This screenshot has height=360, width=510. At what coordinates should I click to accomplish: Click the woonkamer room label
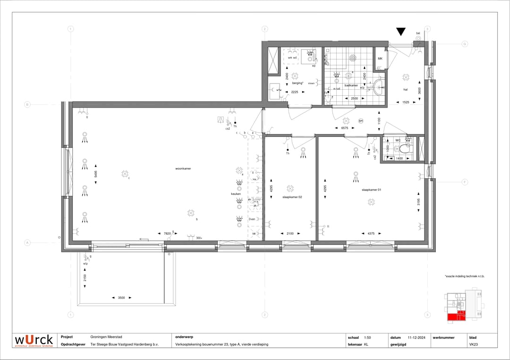tap(183, 168)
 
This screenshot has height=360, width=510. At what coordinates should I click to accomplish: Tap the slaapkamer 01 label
tap(371, 190)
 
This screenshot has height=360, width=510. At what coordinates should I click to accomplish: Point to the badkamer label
tap(351, 85)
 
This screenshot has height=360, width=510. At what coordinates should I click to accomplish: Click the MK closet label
tap(380, 59)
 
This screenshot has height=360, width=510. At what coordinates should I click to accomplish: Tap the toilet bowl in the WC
tap(405, 149)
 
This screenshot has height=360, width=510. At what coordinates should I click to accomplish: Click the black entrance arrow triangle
tap(401, 32)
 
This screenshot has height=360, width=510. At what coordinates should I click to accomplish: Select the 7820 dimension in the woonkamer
tap(167, 234)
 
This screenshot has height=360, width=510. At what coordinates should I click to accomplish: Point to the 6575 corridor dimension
tap(345, 128)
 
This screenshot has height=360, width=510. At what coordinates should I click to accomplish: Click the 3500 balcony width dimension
tap(121, 298)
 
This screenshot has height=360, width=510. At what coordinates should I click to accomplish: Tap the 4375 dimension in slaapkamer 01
tap(371, 234)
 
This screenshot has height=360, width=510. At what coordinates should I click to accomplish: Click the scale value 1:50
tap(368, 337)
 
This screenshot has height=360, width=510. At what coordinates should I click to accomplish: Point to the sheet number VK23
tap(473, 344)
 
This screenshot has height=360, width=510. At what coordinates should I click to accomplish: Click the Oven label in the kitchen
tap(252, 219)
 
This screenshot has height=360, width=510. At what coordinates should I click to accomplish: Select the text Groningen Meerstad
tap(106, 337)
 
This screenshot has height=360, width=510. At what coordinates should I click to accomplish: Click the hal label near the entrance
tap(405, 89)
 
